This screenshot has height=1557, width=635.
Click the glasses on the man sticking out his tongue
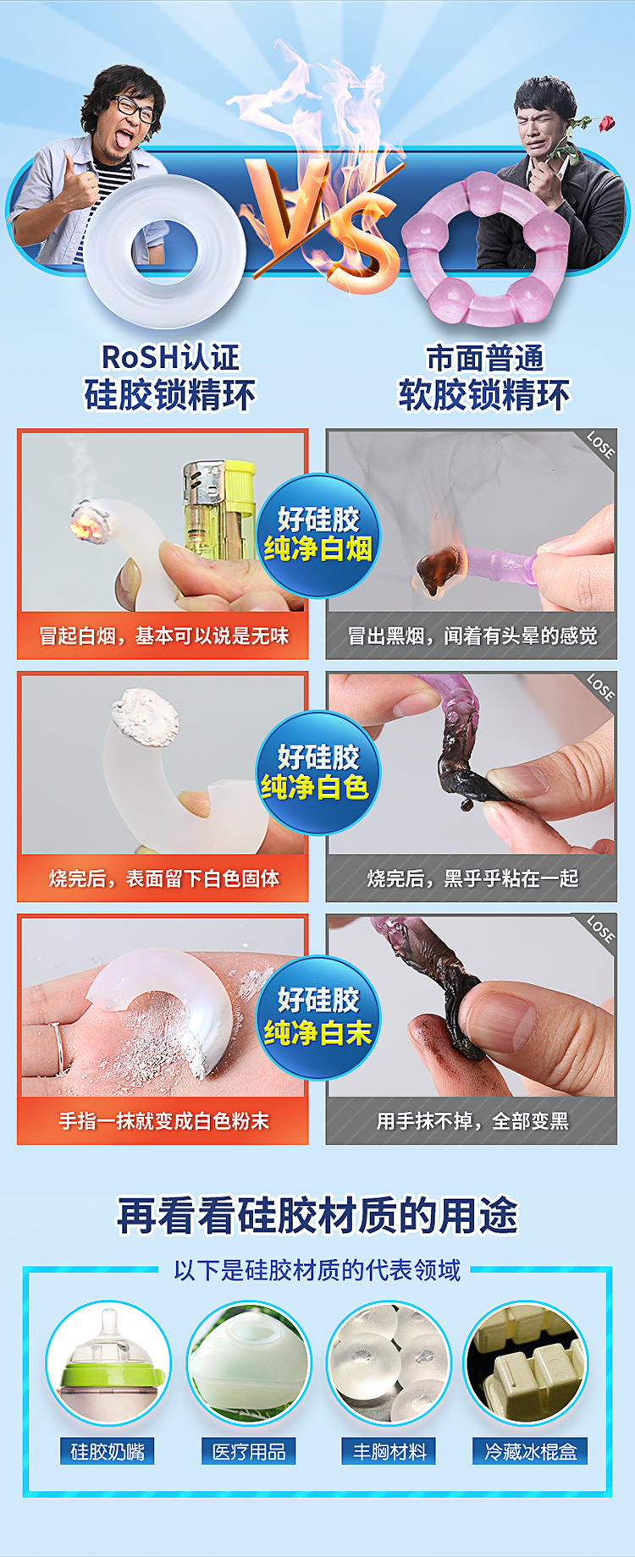tap(134, 108)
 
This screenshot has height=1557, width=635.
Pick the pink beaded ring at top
tap(486, 250)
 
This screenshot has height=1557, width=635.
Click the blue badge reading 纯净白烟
tap(317, 535)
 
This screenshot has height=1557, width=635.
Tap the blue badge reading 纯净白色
tap(317, 773)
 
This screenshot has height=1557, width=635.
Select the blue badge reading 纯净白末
tap(317, 1017)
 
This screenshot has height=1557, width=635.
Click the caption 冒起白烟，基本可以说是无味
tap(164, 635)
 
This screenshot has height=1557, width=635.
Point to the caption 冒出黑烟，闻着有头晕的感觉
tap(472, 635)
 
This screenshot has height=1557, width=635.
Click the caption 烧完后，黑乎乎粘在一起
tap(472, 878)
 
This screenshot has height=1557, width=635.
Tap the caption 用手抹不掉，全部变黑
tap(472, 1121)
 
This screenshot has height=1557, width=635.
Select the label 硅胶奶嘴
tap(108, 1452)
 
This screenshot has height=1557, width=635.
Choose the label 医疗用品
tap(249, 1452)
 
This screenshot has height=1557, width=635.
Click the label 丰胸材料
tap(389, 1452)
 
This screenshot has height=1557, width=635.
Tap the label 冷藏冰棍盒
tap(531, 1452)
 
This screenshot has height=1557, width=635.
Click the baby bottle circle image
tap(108, 1363)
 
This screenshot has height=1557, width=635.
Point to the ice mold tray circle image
tap(527, 1363)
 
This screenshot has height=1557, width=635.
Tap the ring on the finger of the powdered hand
tap(58, 1048)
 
